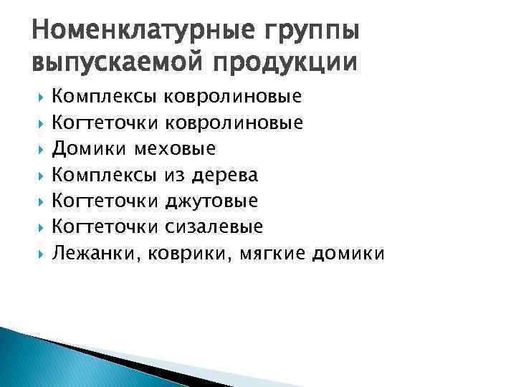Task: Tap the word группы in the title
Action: pos(310,32)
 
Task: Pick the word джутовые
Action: pos(211,201)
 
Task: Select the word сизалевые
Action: pos(214,227)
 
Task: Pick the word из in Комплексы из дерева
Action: pos(174,175)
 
